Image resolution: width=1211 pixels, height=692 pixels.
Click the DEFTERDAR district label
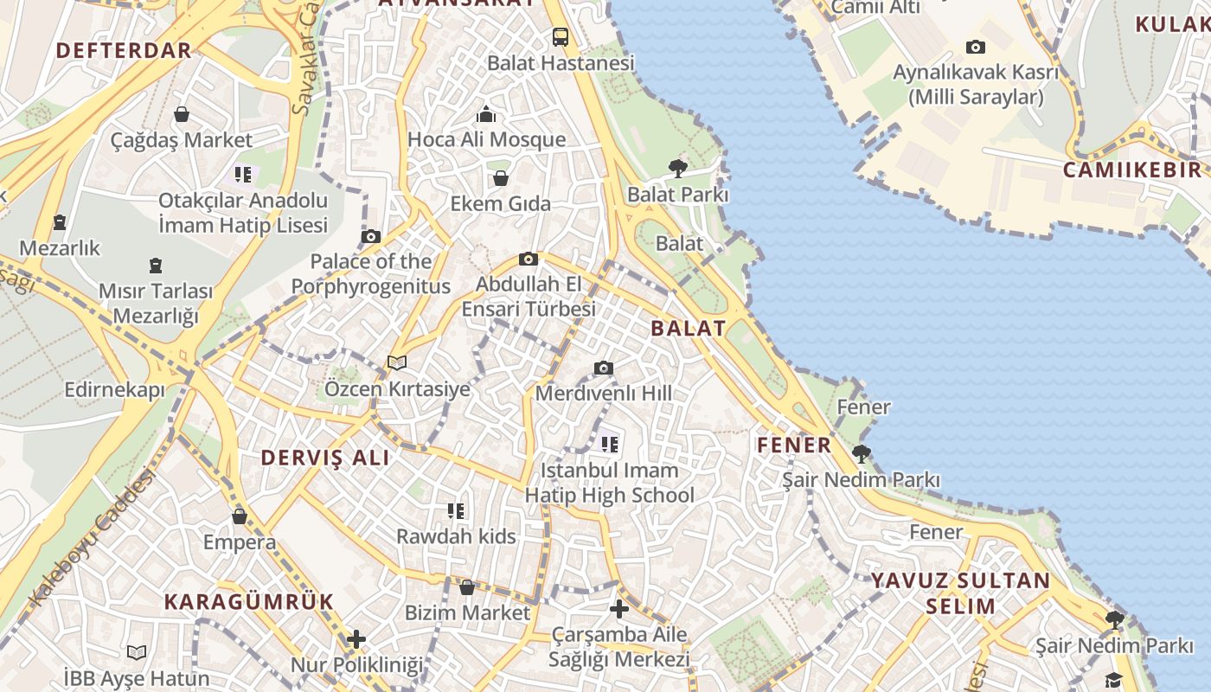tap(124, 50)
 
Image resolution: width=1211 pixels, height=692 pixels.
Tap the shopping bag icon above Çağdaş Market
tap(182, 114)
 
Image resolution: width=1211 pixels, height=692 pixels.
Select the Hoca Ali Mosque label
tap(486, 139)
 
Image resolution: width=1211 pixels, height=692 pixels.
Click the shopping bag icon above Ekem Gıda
tap(500, 178)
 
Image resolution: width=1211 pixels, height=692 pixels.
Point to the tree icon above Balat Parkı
tap(677, 169)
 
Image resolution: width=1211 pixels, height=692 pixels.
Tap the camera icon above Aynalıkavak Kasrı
tap(975, 47)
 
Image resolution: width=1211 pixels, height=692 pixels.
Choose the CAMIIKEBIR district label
tap(1131, 170)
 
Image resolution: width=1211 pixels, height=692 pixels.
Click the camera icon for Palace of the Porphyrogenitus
tap(370, 236)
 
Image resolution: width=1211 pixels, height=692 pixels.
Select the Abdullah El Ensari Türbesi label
tap(529, 297)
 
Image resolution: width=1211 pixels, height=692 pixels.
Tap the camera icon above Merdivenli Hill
tap(603, 368)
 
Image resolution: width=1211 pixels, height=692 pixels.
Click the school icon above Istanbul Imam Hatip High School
tap(609, 445)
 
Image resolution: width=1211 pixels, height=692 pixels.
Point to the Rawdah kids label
tap(456, 536)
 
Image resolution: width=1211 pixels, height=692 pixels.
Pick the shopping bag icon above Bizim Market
tap(467, 587)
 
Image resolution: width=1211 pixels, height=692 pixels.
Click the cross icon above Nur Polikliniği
tap(356, 640)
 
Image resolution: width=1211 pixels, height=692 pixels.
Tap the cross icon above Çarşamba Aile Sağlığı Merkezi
tap(618, 609)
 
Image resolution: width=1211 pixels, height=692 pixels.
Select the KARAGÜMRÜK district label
tap(249, 601)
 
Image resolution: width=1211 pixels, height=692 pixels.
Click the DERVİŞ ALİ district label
tap(325, 458)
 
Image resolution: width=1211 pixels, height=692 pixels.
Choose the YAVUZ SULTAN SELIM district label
tap(960, 593)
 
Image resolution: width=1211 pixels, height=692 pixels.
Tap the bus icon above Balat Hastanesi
tap(560, 37)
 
